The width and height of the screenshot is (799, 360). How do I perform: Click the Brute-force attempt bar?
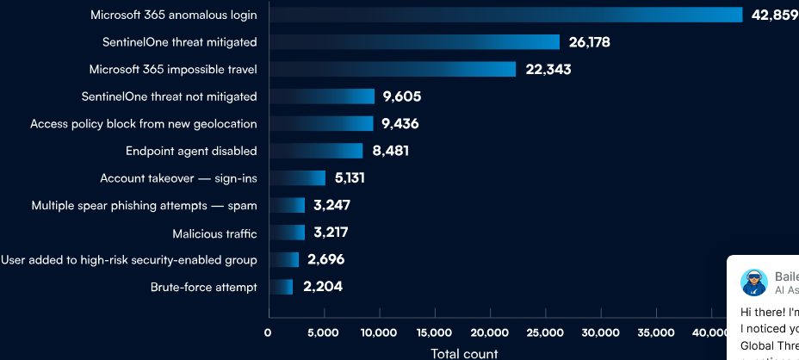pos(282,287)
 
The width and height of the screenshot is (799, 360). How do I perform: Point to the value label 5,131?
pos(352,178)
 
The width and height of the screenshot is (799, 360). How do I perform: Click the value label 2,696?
pos(326,259)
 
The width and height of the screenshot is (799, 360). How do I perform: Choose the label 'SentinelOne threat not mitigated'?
pos(169,96)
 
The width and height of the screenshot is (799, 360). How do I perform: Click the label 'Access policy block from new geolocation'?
pos(144,124)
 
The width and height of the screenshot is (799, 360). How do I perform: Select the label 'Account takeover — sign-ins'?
pos(178,178)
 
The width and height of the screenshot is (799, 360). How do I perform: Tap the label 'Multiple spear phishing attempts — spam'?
pos(144,206)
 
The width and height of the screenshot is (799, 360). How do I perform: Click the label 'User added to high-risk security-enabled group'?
pos(129,260)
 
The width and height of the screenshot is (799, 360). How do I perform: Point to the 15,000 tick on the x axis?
pos(434,332)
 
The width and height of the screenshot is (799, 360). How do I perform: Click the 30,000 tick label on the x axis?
pos(600,332)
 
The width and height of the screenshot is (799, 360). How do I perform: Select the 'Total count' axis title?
pos(464,353)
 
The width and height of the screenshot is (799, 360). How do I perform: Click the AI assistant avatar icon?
pos(754,282)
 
